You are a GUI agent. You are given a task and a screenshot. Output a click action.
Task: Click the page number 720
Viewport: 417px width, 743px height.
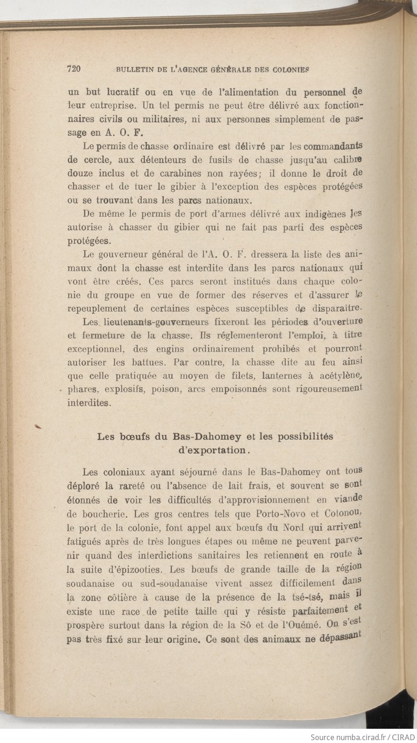[x=74, y=69]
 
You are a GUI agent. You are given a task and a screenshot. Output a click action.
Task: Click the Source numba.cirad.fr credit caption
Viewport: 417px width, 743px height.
[x=362, y=737]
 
